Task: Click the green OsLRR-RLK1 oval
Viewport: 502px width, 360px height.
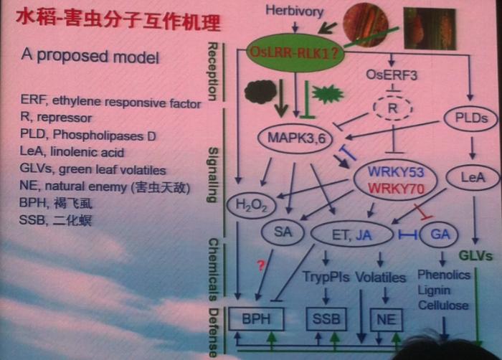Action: tap(295, 51)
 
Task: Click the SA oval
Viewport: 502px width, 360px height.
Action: tap(281, 231)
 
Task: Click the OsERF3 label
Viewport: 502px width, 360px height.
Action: tap(391, 73)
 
